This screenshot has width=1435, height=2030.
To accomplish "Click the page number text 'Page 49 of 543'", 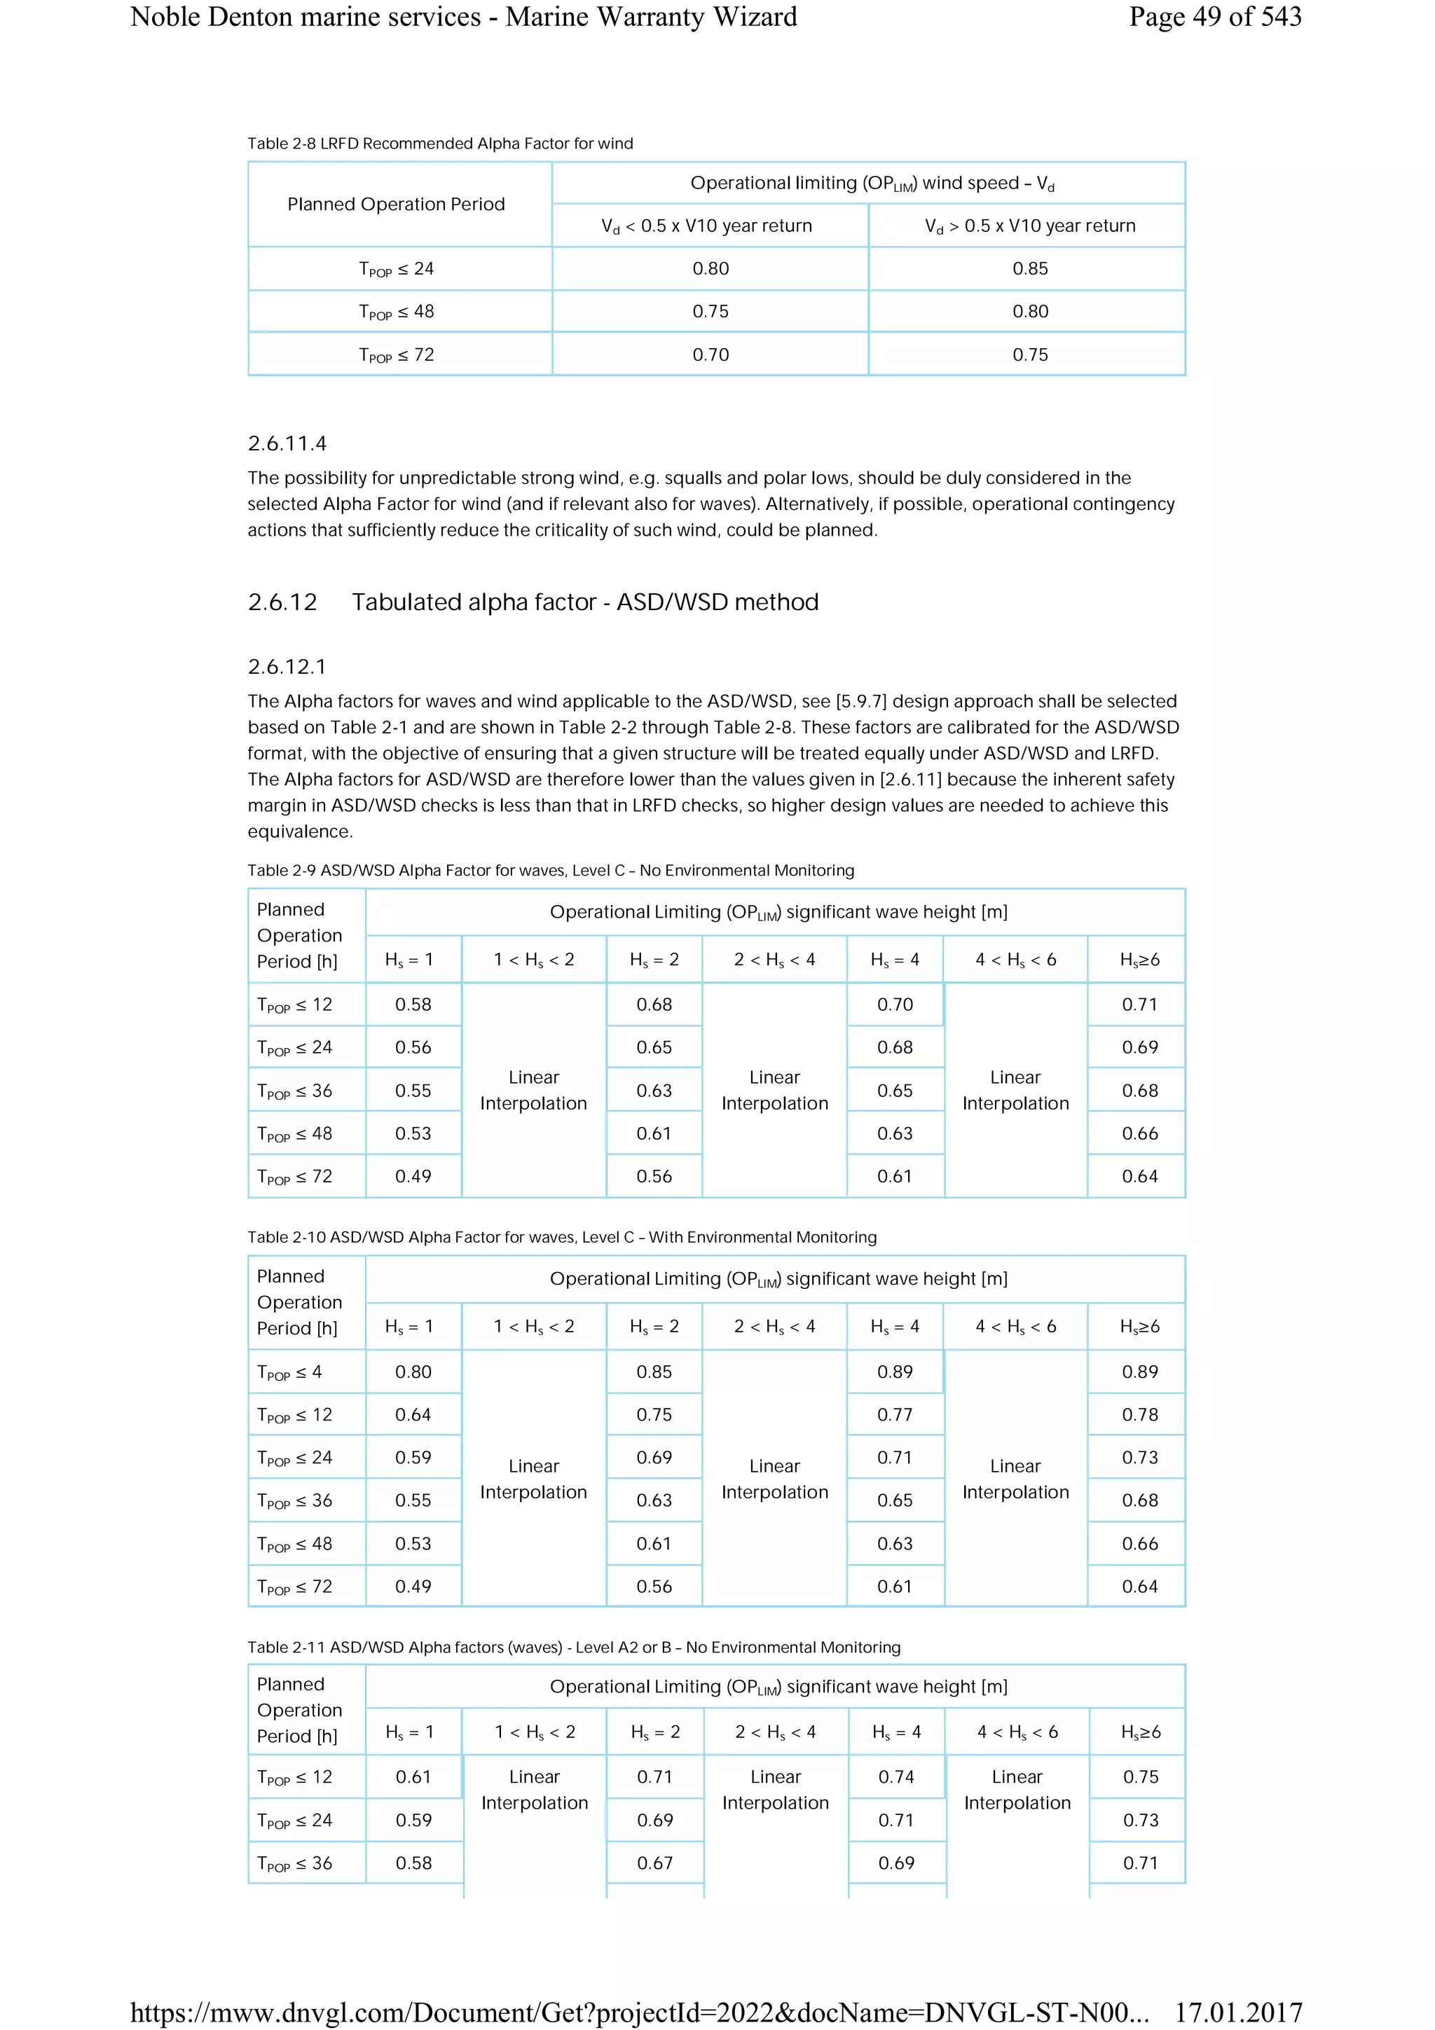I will click(1214, 17).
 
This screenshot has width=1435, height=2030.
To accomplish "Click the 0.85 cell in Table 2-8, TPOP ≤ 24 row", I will click(1029, 269).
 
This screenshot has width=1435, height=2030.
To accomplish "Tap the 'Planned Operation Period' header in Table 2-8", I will click(396, 205).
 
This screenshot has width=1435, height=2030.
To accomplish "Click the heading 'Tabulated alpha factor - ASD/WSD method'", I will click(584, 602).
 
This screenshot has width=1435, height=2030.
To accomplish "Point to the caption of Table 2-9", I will click(550, 870).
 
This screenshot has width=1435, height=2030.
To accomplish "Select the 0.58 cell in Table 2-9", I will click(413, 1004).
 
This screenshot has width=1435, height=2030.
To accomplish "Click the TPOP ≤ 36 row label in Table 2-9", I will click(294, 1091).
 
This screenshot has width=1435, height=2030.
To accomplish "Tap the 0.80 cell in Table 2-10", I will click(413, 1372).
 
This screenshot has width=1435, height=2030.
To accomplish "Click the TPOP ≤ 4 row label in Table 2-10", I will click(289, 1372).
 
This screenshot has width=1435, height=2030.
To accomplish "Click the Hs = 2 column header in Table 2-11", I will click(655, 1732).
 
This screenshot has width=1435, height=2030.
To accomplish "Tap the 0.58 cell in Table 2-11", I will click(413, 1862).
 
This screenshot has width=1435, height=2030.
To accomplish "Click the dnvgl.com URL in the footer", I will click(638, 2012).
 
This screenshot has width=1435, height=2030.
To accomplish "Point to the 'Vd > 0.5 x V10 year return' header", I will click(1029, 226).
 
